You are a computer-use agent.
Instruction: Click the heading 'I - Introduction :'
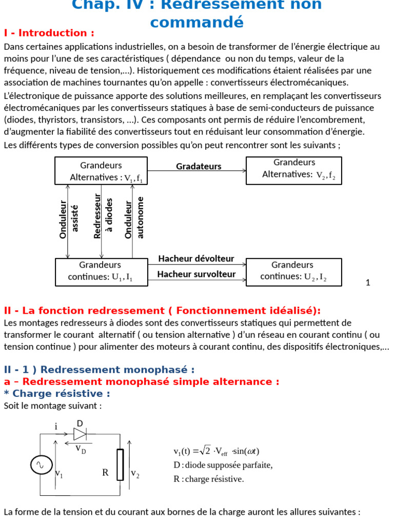(49, 33)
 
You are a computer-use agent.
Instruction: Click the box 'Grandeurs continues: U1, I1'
(101, 271)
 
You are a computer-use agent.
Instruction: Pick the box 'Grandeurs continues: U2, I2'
(293, 271)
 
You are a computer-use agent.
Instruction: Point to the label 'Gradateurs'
(199, 166)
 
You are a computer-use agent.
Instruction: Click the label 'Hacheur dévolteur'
(196, 258)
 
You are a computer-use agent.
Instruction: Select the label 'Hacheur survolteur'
(196, 274)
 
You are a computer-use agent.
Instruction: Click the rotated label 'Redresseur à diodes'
(103, 217)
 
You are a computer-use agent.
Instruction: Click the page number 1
(368, 282)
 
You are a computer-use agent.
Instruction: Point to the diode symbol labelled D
(80, 434)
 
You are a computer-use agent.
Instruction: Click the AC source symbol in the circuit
(40, 465)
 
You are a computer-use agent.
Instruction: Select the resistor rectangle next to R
(120, 465)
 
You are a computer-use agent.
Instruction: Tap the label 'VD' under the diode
(81, 449)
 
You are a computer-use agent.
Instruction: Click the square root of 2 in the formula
(205, 451)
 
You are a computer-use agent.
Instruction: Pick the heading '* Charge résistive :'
(57, 394)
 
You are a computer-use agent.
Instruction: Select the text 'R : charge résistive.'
(209, 479)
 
